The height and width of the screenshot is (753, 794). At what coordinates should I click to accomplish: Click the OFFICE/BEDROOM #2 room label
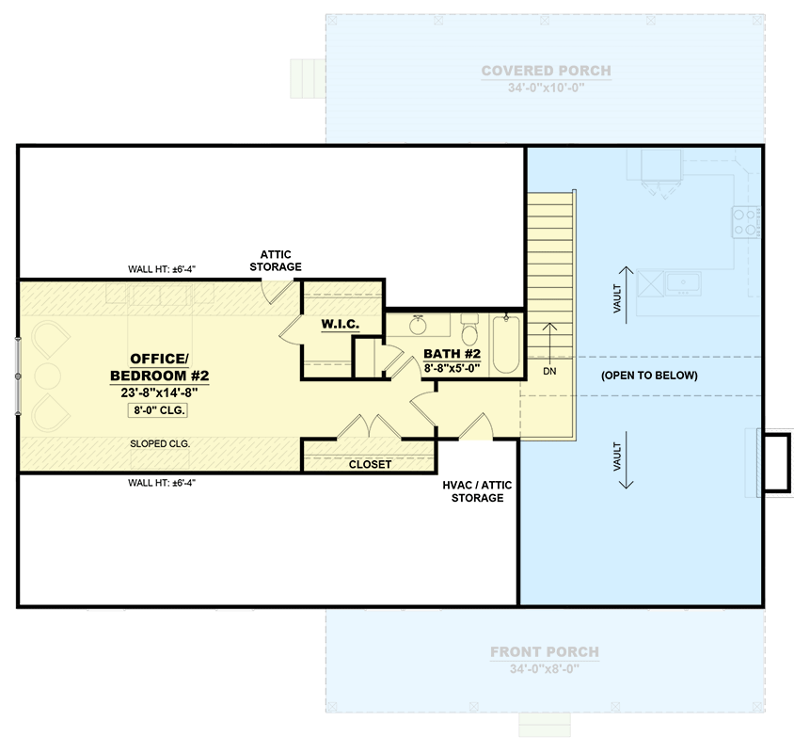159,367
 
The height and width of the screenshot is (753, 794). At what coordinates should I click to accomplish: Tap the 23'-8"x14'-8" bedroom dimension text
159,393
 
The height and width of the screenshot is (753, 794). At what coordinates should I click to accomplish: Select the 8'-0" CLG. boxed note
159,410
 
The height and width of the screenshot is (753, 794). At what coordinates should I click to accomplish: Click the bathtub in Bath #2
506,345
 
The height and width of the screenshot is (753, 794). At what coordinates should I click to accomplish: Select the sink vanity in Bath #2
421,326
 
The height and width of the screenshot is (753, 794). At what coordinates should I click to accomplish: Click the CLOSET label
370,464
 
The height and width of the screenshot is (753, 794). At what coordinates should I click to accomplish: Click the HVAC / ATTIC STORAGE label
477,490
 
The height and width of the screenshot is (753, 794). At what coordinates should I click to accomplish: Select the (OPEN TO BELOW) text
649,376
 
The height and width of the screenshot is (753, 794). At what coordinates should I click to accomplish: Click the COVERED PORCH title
547,71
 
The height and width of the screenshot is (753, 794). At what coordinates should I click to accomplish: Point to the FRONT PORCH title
545,652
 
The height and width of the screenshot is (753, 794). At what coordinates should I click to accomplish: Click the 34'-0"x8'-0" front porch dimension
545,669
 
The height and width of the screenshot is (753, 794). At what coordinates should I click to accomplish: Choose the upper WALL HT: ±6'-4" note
162,269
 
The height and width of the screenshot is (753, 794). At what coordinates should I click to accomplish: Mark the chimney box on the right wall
777,461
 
